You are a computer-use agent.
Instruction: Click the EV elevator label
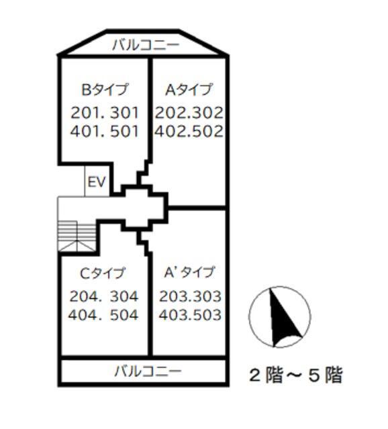tap(97, 182)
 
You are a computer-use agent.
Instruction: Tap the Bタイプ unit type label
tap(105, 89)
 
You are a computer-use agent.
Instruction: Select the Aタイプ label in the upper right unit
tap(189, 89)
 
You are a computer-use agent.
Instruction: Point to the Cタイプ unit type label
tap(103, 273)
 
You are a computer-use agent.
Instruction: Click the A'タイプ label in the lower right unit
tap(189, 272)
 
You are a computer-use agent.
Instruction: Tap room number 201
tap(84, 112)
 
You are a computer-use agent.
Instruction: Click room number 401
tap(84, 131)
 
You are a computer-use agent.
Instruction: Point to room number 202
tap(170, 112)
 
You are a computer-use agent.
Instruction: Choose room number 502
tap(207, 131)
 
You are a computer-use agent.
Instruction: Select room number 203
tap(173, 296)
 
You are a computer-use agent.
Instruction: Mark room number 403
tap(173, 315)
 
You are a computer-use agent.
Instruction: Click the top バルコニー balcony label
tap(145, 46)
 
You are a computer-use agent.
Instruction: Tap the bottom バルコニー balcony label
tap(147, 371)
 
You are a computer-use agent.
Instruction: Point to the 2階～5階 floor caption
tap(295, 375)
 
